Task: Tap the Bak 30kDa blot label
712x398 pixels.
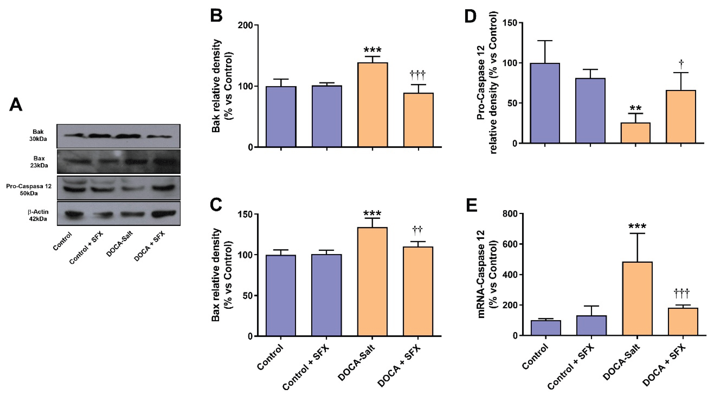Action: pos(38,135)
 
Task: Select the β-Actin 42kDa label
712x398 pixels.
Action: pos(38,215)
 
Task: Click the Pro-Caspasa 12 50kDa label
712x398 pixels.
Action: pos(29,190)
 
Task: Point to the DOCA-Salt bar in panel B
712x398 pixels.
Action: pos(372,105)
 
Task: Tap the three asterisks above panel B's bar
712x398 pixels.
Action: pos(372,50)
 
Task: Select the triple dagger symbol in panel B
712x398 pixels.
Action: pos(418,74)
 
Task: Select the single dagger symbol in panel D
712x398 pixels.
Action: pos(681,64)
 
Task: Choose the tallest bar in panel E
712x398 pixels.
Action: pos(637,298)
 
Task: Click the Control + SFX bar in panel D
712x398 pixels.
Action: pos(590,111)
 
